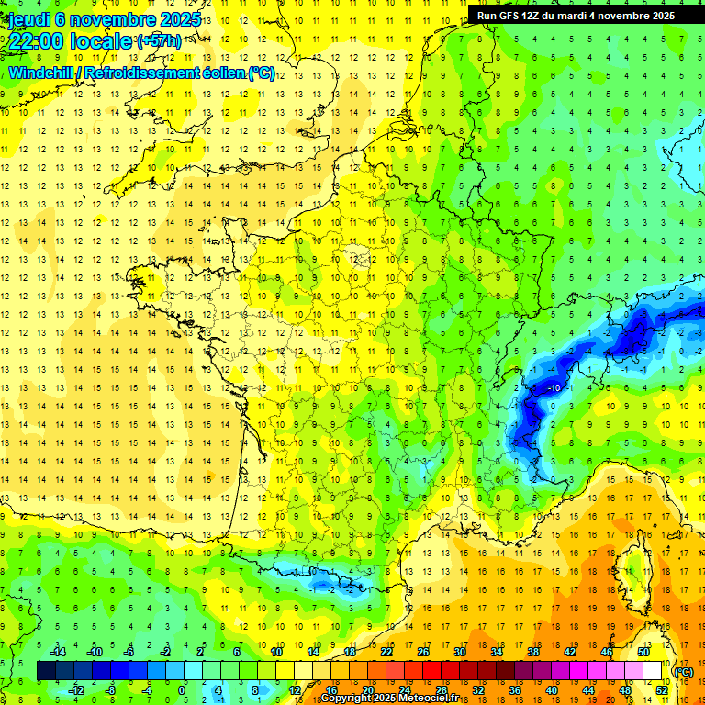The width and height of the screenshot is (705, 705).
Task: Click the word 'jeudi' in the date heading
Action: [x=29, y=19]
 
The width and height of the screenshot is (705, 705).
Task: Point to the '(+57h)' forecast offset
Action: [x=158, y=41]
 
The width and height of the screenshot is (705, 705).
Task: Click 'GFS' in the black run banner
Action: [x=515, y=16]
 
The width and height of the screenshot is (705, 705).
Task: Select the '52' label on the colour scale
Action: [x=662, y=689]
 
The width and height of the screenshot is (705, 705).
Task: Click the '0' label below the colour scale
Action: [x=182, y=689]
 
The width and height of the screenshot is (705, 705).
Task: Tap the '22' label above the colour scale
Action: [x=386, y=652]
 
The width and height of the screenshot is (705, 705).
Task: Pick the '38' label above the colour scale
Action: [x=533, y=652]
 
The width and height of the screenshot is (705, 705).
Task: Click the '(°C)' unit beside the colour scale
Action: [x=685, y=671]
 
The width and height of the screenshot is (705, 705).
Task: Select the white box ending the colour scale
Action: [x=653, y=671]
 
